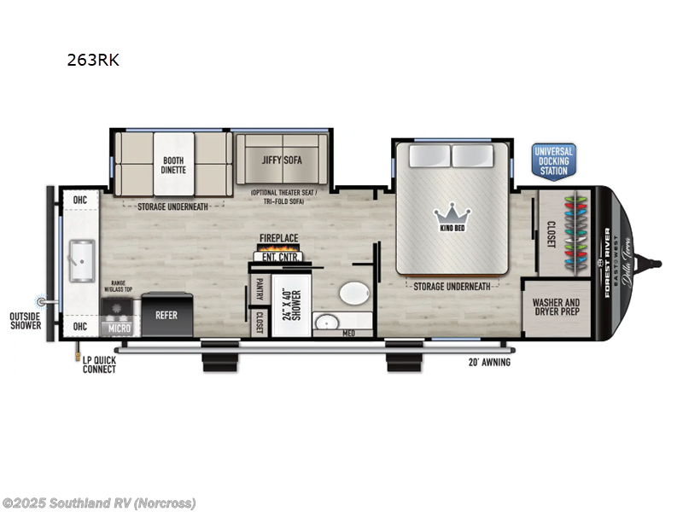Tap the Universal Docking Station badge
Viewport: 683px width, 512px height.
tap(553, 160)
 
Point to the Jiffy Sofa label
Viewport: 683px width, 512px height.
tap(282, 160)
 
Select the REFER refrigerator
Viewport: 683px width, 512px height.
tap(166, 315)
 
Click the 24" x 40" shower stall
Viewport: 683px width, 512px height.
tap(291, 305)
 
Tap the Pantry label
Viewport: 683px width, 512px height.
tap(258, 289)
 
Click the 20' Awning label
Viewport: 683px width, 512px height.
tap(489, 363)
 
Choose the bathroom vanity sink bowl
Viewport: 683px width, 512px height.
tap(325, 323)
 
